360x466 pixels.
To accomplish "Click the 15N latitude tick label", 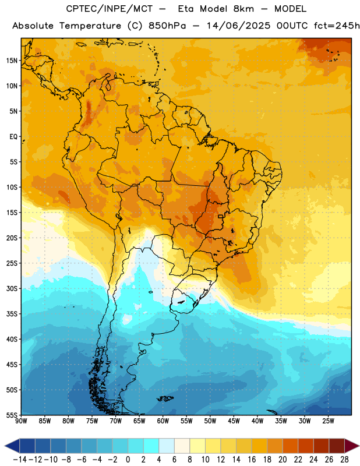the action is tap(12, 61).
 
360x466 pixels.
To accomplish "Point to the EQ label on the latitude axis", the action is tap(13, 137).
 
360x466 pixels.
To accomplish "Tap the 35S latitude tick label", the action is tap(12, 314).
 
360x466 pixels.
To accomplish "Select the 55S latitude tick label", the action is tap(12, 415).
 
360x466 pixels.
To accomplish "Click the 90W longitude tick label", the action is tap(21, 421).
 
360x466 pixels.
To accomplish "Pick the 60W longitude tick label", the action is tap(163, 421).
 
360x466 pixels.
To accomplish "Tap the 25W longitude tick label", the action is tap(328, 421).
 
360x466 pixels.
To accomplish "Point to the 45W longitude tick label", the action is tap(234, 421).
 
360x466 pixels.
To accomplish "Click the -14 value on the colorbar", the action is tap(20, 460).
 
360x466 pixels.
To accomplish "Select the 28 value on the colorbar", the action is tap(344, 460).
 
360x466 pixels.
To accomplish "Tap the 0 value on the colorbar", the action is tap(128, 460).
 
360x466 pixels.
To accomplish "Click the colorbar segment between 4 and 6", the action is tap(167, 446).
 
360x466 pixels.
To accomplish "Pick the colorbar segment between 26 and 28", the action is tap(337, 446).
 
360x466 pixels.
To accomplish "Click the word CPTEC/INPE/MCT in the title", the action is tap(110, 9).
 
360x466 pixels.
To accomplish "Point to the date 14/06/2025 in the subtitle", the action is tap(238, 26).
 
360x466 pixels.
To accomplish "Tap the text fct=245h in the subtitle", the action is tap(337, 26).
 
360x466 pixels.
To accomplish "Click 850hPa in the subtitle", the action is tap(167, 26).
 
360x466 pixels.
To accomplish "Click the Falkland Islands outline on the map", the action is tap(165, 398).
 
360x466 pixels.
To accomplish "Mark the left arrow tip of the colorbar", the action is tap(5, 446).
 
